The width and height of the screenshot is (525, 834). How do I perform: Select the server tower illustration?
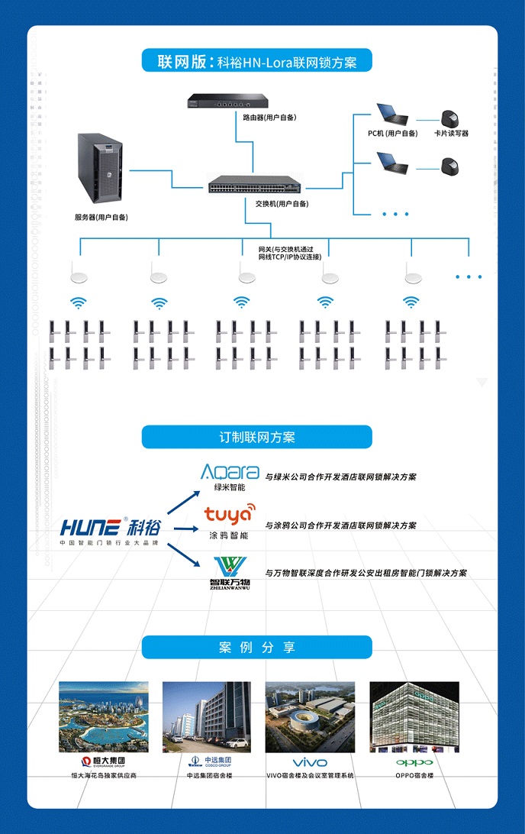[x=101, y=170]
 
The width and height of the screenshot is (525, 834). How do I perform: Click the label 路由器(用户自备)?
[x=269, y=118]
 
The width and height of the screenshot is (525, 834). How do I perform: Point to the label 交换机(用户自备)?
[x=282, y=204]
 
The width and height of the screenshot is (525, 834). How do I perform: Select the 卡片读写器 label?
[x=451, y=134]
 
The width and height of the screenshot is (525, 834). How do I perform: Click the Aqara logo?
[x=230, y=472]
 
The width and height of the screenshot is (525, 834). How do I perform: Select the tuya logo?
[x=230, y=513]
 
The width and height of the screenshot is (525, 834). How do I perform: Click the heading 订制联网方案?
[x=256, y=438]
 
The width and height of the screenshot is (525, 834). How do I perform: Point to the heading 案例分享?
[x=256, y=648]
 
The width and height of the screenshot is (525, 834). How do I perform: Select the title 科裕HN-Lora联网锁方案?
[x=256, y=62]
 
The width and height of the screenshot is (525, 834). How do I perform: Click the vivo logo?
[x=310, y=762]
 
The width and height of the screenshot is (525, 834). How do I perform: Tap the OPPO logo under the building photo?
[x=414, y=762]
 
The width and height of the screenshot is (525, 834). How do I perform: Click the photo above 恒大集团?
[x=103, y=717]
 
